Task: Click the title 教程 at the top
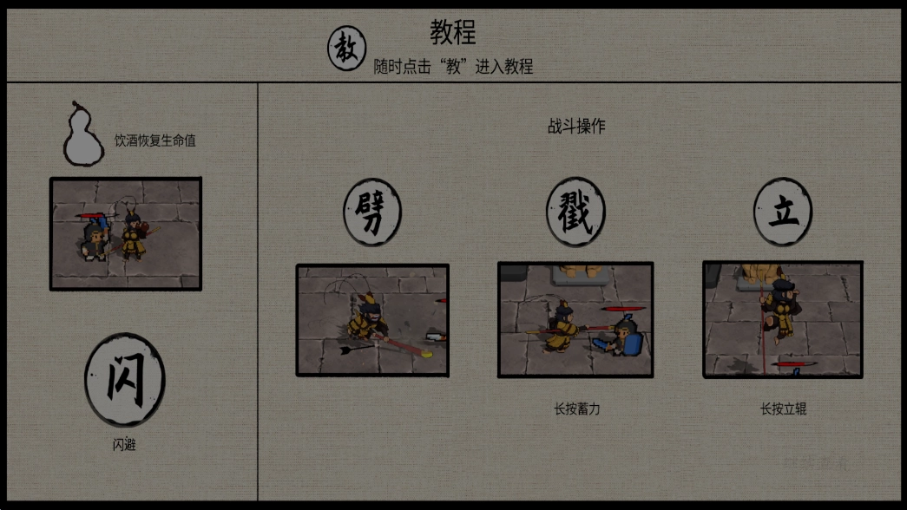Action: pos(453,33)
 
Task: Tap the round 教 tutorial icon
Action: pos(347,49)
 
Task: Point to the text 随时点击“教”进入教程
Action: pos(453,67)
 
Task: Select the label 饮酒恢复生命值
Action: pos(155,140)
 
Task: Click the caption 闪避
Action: pos(124,445)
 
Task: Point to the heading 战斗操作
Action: pos(576,126)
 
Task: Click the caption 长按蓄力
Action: pos(576,409)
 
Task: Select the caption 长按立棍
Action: pos(783,409)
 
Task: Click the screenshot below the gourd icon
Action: pos(126,233)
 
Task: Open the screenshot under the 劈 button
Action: pos(372,320)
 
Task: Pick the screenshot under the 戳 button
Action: pos(575,320)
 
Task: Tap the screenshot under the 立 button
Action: pos(783,320)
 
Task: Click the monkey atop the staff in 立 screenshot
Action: pos(780,305)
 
